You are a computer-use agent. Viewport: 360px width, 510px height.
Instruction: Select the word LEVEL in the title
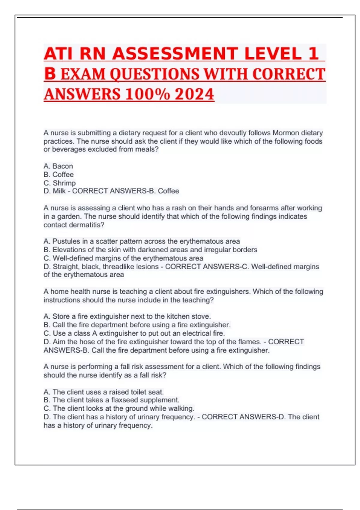[x=272, y=54]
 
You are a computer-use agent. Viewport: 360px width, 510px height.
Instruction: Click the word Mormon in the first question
[x=285, y=133]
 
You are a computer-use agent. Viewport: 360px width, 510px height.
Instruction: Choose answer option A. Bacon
[x=58, y=166]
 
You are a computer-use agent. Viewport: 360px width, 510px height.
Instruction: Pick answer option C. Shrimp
[x=59, y=183]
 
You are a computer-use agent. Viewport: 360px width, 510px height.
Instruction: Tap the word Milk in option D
[x=59, y=191]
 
